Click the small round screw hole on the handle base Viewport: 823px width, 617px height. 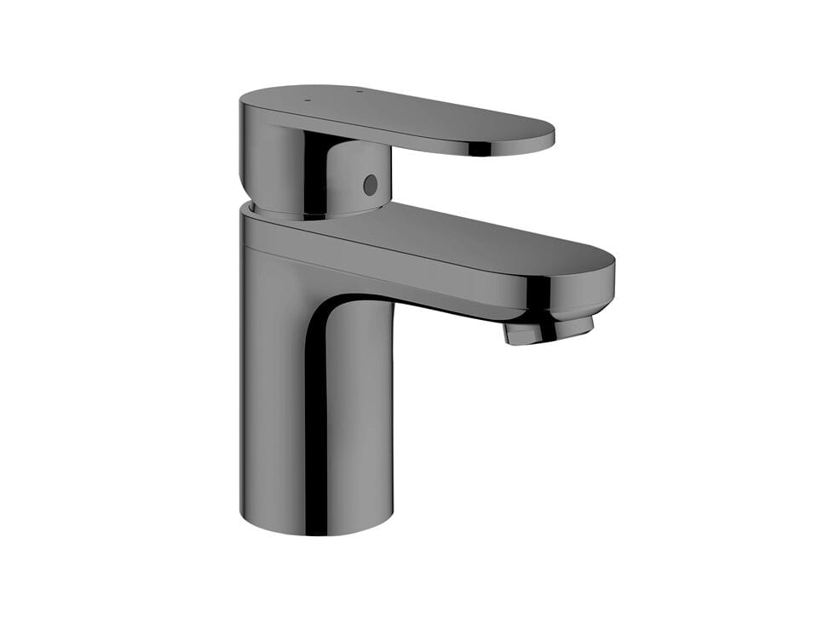[x=370, y=184]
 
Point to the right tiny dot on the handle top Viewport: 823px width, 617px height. [x=358, y=92]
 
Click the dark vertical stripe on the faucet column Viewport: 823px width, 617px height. [x=316, y=408]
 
